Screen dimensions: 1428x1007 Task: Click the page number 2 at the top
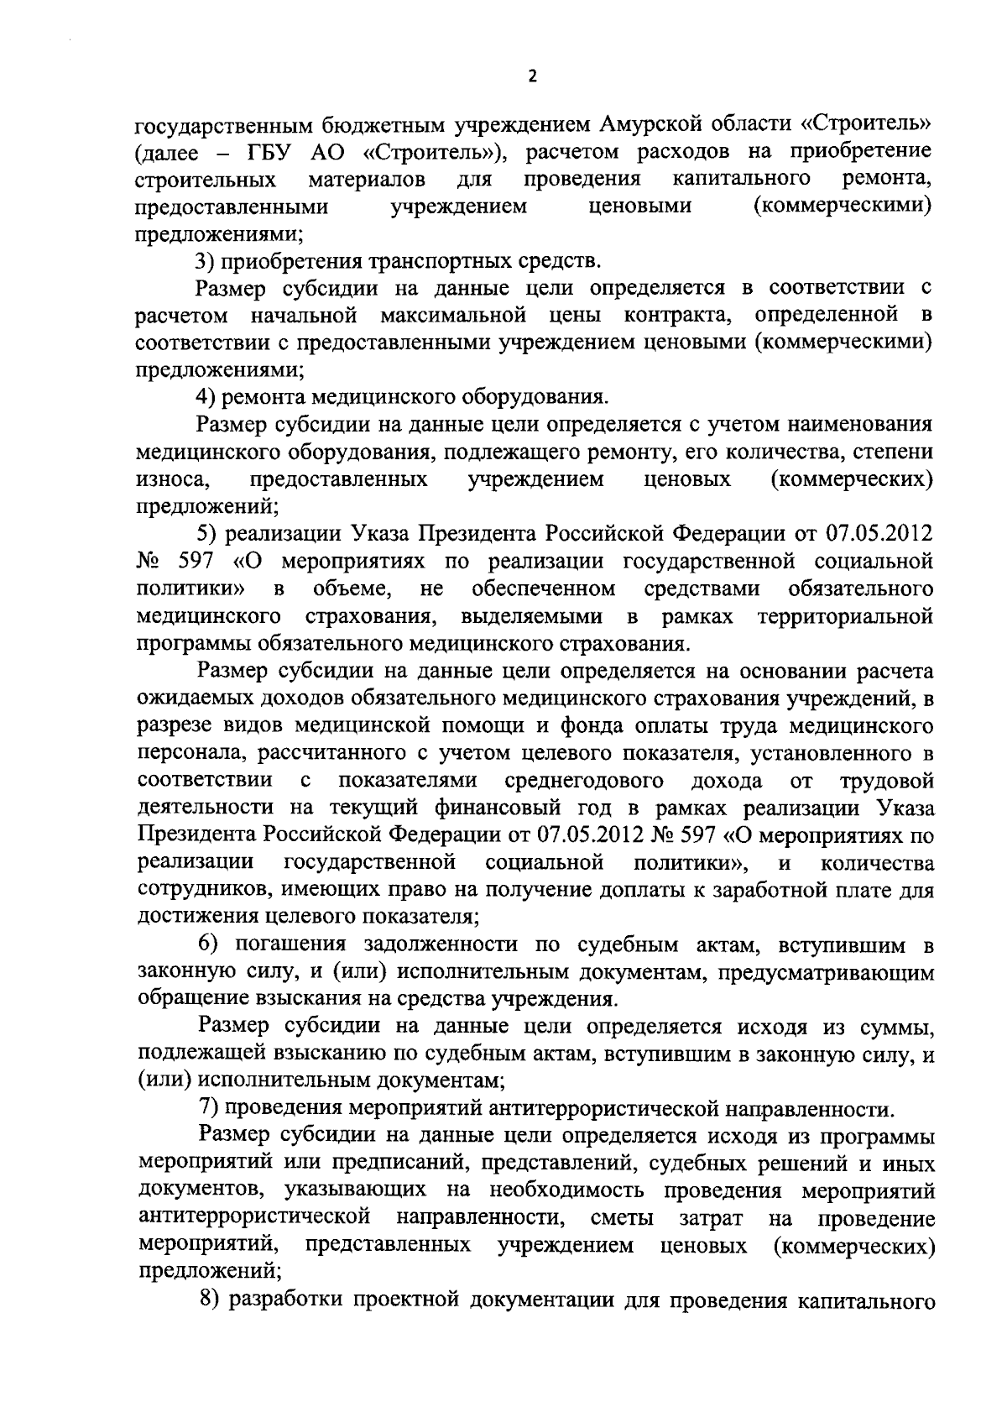[x=531, y=76]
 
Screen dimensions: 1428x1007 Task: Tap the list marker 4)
[x=206, y=396]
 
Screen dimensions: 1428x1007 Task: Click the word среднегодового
[x=585, y=781]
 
